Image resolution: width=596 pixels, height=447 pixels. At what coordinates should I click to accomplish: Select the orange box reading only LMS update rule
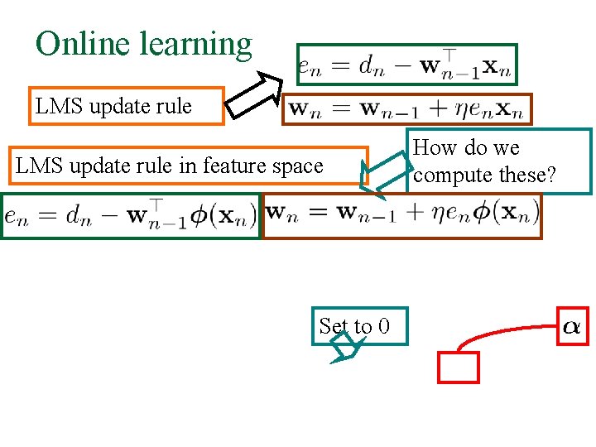[126, 106]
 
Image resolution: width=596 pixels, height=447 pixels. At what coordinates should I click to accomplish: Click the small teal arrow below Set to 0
[344, 353]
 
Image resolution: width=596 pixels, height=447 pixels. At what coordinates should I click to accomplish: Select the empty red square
[459, 368]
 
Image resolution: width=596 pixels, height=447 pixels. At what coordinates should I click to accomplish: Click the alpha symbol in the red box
[571, 326]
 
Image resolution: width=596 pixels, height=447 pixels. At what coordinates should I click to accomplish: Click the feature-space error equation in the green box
[130, 216]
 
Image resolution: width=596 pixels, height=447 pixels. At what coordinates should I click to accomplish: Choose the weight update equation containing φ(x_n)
[401, 215]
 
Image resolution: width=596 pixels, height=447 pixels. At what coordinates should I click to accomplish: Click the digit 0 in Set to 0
[382, 327]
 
